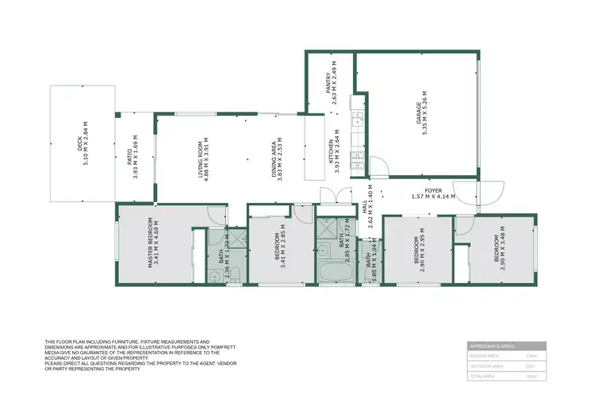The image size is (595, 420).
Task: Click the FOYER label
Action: click(x=432, y=190)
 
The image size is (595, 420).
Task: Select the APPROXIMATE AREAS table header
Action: click(x=506, y=346)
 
